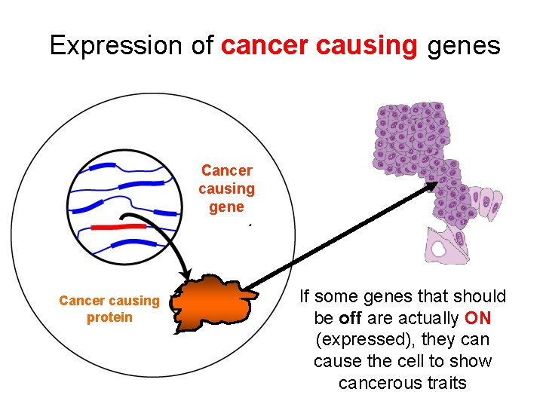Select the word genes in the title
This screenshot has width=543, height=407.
(x=463, y=46)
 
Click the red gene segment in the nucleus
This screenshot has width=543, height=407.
(x=118, y=226)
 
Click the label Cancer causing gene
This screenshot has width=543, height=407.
(x=226, y=188)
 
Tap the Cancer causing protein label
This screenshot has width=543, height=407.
(x=109, y=309)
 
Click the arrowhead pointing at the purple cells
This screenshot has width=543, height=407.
(x=431, y=186)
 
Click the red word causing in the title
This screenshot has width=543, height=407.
(x=367, y=46)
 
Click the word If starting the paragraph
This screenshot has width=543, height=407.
(x=305, y=296)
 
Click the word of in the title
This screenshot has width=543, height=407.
(x=202, y=46)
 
